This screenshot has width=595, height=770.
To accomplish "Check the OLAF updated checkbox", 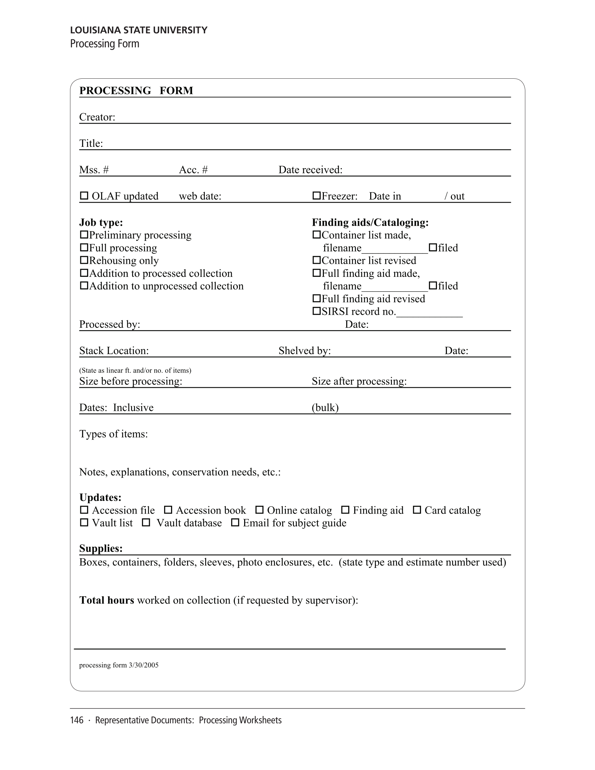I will [x=84, y=196].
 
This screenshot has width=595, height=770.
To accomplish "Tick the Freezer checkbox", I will [x=317, y=196].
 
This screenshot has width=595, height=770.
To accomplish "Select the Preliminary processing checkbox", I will [x=84, y=234].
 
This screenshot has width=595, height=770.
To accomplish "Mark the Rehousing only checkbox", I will [x=84, y=260].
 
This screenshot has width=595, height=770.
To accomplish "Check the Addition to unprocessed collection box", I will [x=84, y=285].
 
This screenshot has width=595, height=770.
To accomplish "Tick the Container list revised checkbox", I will [x=317, y=260].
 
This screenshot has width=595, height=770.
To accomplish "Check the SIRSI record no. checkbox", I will [x=317, y=311].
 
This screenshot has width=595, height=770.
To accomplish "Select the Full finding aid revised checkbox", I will [x=317, y=298].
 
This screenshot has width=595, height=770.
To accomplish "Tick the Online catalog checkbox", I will [x=259, y=510].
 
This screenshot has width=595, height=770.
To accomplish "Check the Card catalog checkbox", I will [x=417, y=510].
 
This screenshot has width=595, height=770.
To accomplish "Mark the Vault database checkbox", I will [x=146, y=523].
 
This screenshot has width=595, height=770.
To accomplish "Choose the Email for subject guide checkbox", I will [x=235, y=523].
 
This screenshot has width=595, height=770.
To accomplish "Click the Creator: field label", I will [x=97, y=117].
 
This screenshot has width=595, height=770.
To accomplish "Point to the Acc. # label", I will [x=193, y=170].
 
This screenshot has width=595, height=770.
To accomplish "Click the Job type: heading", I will [x=101, y=222].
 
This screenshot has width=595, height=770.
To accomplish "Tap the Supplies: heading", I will [x=101, y=548].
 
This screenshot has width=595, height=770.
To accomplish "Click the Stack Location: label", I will [x=114, y=351].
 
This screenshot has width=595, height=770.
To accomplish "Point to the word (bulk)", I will [x=325, y=408].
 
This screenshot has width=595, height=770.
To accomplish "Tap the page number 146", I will [x=76, y=720].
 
